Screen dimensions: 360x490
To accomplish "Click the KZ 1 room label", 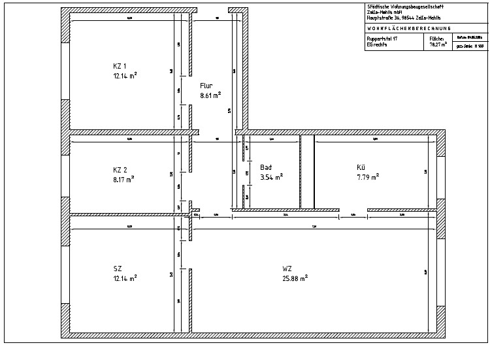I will (x=120, y=66).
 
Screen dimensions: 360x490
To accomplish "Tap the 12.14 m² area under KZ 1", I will (x=124, y=75).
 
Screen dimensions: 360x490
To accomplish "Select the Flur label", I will (x=206, y=86).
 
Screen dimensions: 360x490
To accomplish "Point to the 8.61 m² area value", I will (x=210, y=95).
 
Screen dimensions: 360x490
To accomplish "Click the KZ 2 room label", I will (x=120, y=169).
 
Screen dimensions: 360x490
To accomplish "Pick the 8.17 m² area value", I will (x=123, y=178).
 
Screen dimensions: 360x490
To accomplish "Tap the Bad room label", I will (x=266, y=167).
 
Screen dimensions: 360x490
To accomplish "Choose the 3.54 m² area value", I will (x=271, y=176).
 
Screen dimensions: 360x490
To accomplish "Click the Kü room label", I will (x=361, y=167).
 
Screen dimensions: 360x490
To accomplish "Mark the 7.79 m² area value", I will (x=368, y=176).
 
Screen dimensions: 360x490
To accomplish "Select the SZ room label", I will (x=117, y=269).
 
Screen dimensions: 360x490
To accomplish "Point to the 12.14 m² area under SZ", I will (x=124, y=278).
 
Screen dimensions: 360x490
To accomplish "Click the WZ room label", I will (x=287, y=269).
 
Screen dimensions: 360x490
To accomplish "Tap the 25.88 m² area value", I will (x=295, y=278).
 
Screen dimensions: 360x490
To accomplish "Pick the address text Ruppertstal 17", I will (x=382, y=40).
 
